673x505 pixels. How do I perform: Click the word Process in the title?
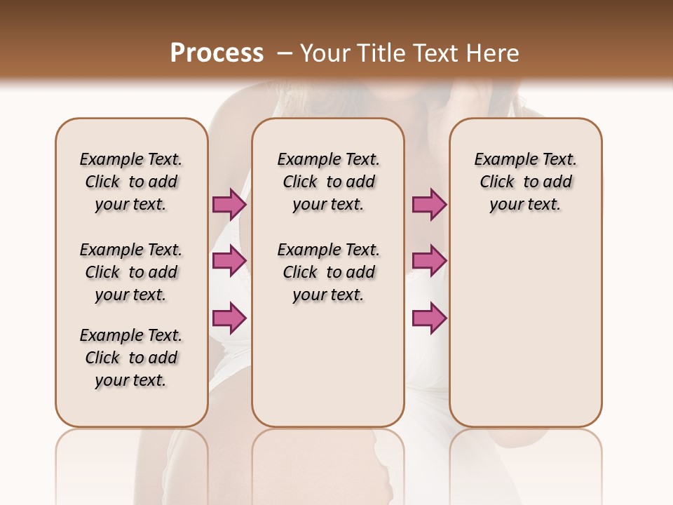coord(217,53)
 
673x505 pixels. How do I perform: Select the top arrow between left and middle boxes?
coord(229,205)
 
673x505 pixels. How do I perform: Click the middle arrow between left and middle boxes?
coord(229,261)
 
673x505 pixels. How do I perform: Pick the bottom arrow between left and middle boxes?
coord(229,318)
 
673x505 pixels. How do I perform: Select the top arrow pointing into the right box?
coord(429,205)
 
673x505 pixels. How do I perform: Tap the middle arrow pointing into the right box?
coord(429,261)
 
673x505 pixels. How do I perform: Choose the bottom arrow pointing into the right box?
coord(429,318)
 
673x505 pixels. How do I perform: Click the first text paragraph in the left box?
coord(131,182)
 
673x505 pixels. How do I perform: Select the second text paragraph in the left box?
coord(131,272)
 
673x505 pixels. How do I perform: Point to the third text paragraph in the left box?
coord(131,358)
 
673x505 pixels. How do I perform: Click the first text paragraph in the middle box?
coord(328,182)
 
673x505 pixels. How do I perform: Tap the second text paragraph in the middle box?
coord(328,272)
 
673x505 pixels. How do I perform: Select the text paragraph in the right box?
coord(525,182)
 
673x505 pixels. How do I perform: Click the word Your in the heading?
coord(322,53)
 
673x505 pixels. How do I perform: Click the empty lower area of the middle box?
coord(328,365)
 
